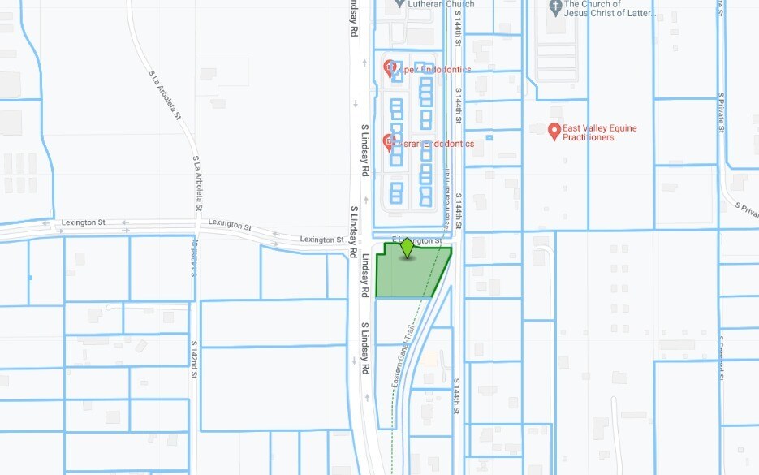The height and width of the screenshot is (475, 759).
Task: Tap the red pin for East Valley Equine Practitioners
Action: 554,131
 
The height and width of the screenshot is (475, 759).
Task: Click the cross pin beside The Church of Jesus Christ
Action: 555,7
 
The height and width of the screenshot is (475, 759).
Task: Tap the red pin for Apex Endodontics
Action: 390,68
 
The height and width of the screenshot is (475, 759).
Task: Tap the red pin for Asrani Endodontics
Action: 390,143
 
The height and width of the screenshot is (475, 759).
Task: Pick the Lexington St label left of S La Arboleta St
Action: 84,222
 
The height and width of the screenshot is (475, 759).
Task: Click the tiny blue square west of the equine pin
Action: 489,137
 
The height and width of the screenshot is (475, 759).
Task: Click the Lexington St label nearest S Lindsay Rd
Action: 321,240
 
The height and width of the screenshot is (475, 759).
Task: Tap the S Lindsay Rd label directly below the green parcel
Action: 366,348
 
